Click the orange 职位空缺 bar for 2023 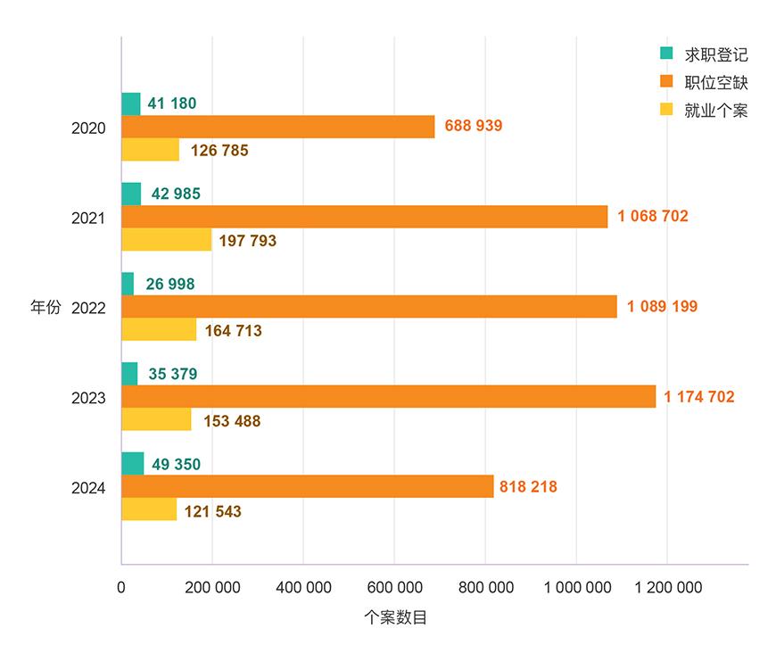388,396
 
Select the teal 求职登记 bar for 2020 130,103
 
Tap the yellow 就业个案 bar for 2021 166,240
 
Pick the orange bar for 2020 277,127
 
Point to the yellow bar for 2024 149,509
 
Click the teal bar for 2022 128,284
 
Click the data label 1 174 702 699,397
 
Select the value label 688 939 474,126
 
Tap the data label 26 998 170,284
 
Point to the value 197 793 247,241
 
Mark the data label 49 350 176,464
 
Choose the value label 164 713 233,331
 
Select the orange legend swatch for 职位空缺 665,82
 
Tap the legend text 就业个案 715,111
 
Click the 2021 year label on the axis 88,219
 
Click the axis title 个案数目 395,617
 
